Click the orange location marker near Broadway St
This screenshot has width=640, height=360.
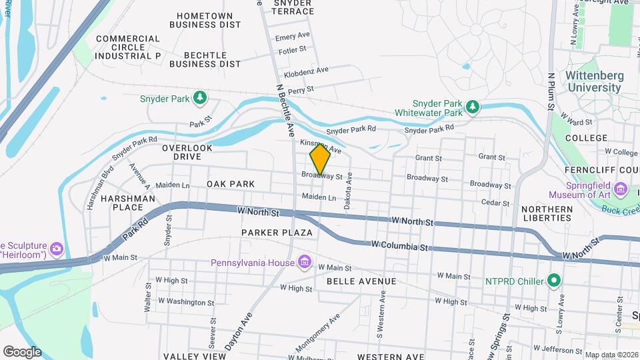[x=320, y=159]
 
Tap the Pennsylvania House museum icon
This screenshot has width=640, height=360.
[x=305, y=262]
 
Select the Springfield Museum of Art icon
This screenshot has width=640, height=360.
[x=621, y=190]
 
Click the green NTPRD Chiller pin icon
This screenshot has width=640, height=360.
[x=553, y=280]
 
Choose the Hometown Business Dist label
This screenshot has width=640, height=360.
[x=205, y=21]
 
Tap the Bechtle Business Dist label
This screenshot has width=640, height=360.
[x=205, y=59]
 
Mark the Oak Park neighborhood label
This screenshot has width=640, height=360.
[x=231, y=183]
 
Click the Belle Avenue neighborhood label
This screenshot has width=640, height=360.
[x=361, y=281]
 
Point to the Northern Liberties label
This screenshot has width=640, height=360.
[x=547, y=213]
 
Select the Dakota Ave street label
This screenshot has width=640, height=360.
[x=347, y=198]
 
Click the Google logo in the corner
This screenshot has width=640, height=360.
[x=22, y=351]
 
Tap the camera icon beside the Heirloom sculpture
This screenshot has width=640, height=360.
[x=56, y=249]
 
